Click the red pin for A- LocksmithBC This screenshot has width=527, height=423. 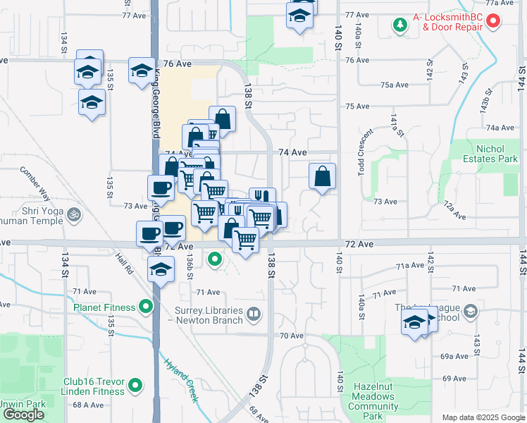pyautogui.click(x=493, y=21)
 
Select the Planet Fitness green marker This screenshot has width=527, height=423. pyautogui.click(x=146, y=307)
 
